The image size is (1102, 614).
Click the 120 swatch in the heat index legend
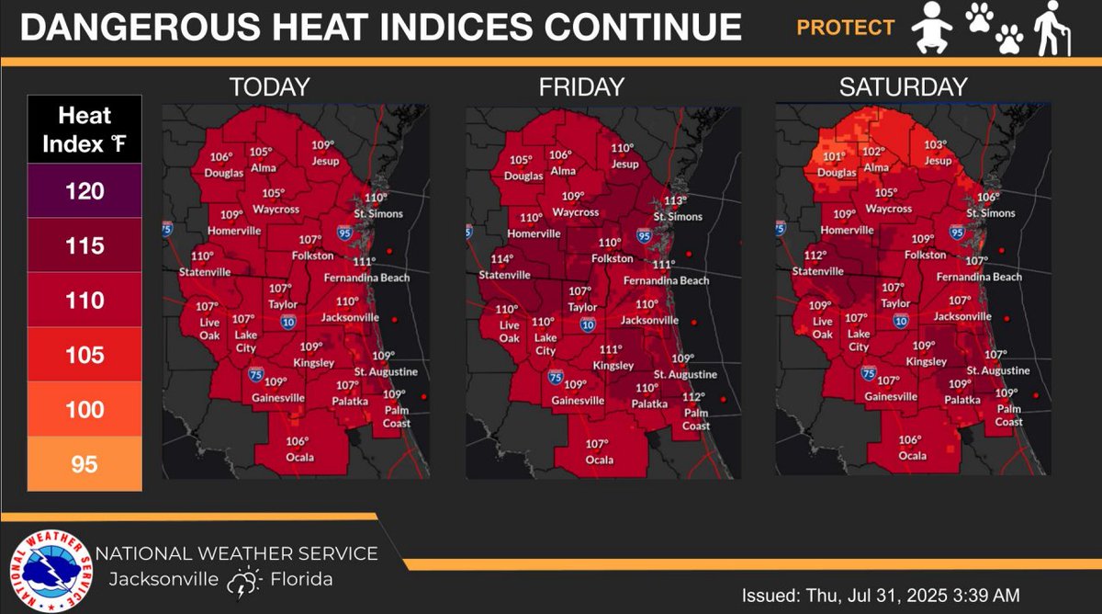[84, 191]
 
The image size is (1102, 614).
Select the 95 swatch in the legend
[84, 464]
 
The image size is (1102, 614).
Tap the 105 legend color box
[84, 355]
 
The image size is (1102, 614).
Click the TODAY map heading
[269, 87]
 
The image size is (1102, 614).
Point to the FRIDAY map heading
[581, 87]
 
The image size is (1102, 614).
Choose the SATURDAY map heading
[903, 87]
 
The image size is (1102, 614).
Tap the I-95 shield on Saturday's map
[957, 233]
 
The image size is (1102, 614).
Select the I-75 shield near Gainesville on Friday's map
[555, 377]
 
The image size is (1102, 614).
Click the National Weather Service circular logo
[51, 571]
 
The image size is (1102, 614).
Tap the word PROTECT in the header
[845, 28]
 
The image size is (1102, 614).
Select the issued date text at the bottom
[881, 595]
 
